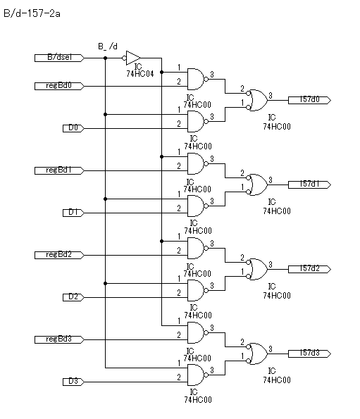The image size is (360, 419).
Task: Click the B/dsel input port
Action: coord(59,58)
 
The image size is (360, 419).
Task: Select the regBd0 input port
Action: coord(59,86)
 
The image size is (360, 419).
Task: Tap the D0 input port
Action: coord(73,128)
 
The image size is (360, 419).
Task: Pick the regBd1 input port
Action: coord(59,170)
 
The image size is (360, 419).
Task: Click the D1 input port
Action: coord(73,213)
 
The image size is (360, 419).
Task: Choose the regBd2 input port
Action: coord(59,255)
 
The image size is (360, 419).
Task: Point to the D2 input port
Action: coord(73,297)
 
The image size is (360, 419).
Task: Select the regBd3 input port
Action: coord(59,339)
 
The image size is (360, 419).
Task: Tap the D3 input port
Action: coord(73,382)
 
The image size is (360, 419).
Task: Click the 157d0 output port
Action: coord(309,100)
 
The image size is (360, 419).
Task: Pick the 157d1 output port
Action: coord(309,185)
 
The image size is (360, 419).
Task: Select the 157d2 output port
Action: coord(309,269)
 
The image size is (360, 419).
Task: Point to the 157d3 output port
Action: coord(309,354)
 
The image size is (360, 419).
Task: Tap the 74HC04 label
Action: coord(140,74)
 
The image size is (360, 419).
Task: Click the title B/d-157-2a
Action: coord(32,13)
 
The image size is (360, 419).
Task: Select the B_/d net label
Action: coord(108,46)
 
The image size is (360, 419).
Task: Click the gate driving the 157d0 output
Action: coord(257,100)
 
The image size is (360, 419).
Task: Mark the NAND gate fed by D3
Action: coord(198,375)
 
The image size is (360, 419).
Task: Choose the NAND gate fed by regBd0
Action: coord(198,79)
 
